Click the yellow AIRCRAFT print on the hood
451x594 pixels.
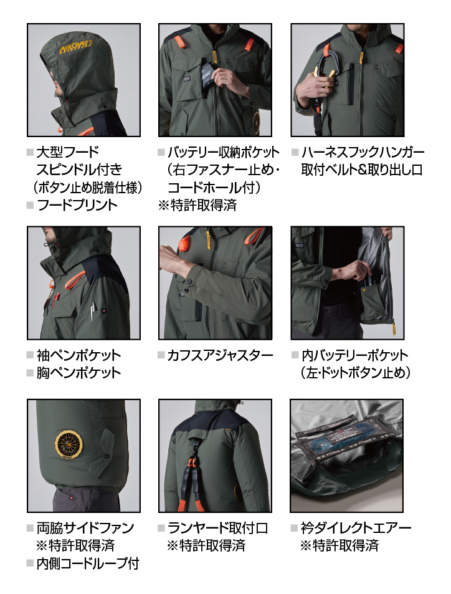coord(76,47)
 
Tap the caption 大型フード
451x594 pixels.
coord(68,152)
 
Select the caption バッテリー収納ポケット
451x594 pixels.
coord(224,152)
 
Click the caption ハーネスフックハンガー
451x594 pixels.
coord(363,152)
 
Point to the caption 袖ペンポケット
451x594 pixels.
coord(78,355)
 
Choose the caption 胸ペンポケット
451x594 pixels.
coord(78,373)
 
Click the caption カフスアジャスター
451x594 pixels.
coord(220,355)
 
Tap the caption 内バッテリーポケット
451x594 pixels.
coord(355,355)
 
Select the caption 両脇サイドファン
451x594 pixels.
coord(85,528)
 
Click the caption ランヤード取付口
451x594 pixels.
coord(218,528)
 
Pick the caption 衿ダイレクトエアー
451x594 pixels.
coord(356,528)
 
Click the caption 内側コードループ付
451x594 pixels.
coord(88,563)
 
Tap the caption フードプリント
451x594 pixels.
coord(77,205)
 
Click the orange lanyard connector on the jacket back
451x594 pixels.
coord(192,462)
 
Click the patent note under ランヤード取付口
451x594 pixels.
coord(206,545)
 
